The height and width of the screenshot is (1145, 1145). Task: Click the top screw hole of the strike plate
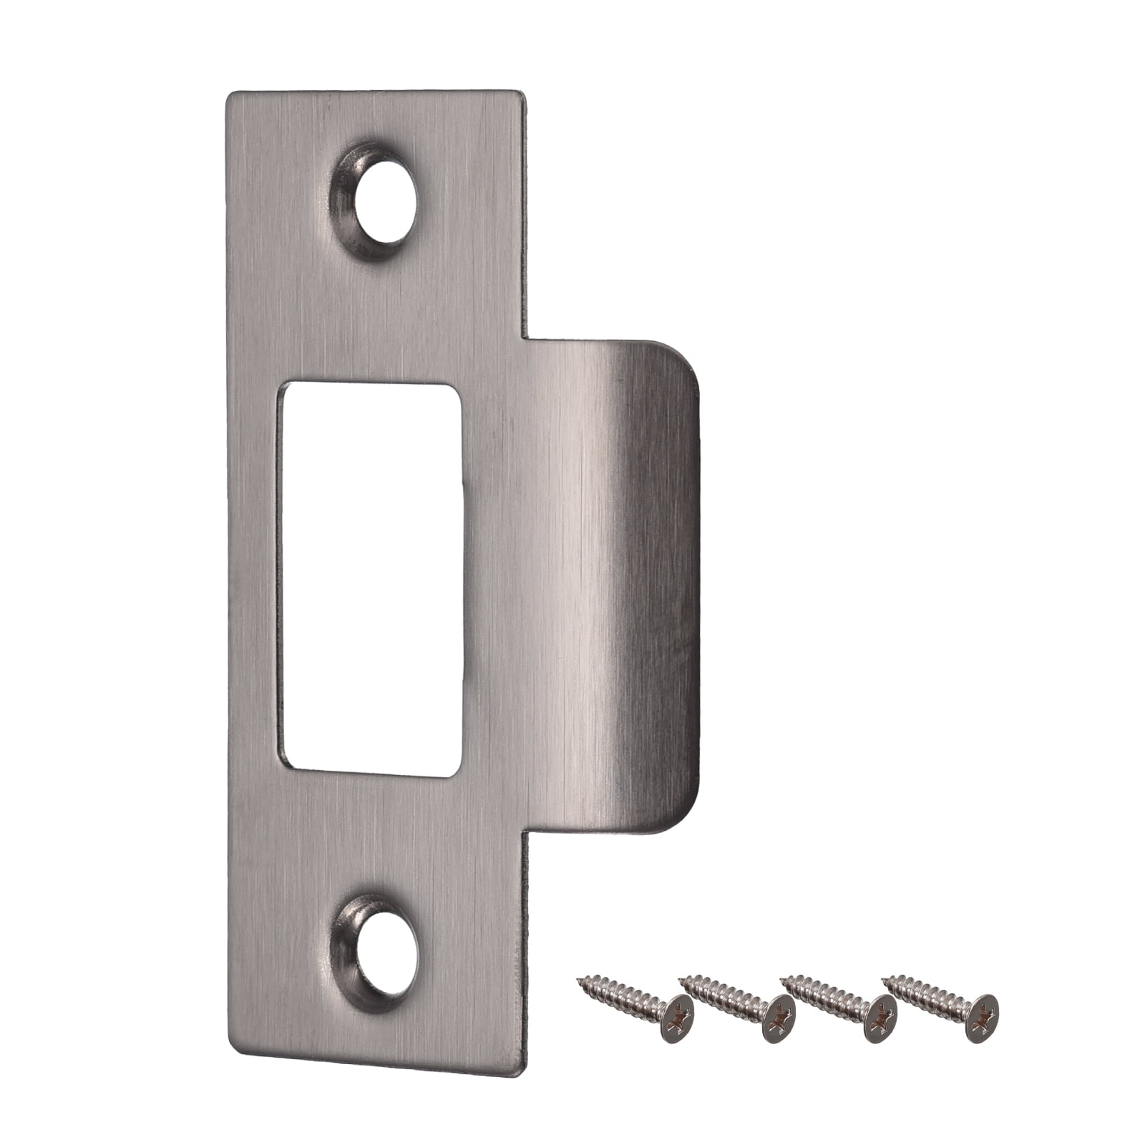(x=384, y=200)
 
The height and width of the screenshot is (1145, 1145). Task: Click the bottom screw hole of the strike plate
(x=386, y=951)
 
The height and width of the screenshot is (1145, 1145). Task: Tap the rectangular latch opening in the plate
(x=370, y=578)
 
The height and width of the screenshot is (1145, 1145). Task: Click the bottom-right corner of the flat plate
(x=520, y=1071)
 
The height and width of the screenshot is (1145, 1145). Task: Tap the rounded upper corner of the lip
(x=683, y=358)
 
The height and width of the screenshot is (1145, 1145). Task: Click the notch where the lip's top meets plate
(x=528, y=338)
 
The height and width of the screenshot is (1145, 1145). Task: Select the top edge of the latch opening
(x=370, y=385)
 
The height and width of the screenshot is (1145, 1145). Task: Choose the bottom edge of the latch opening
(x=370, y=773)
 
